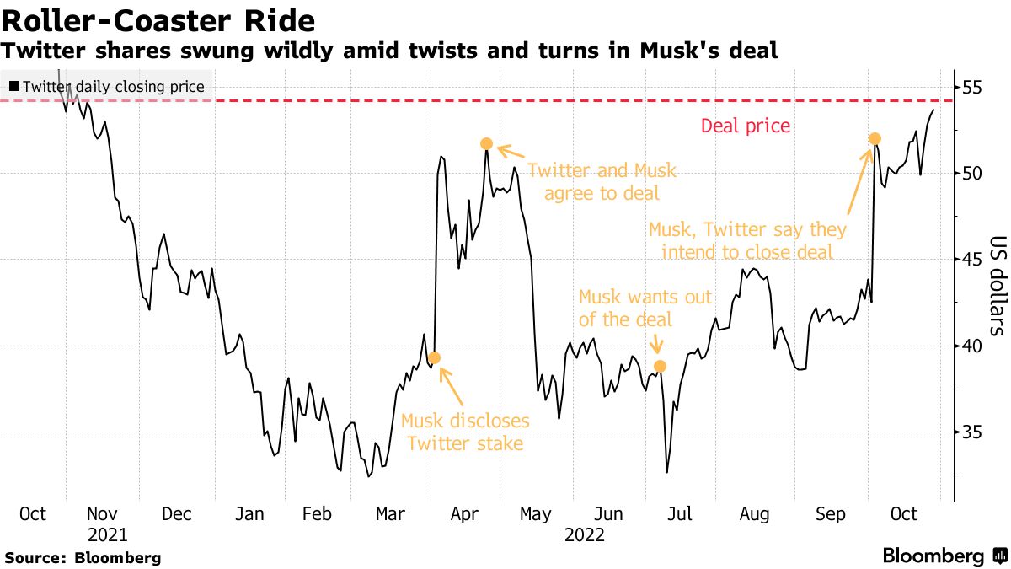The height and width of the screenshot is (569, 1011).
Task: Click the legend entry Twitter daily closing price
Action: (x=107, y=86)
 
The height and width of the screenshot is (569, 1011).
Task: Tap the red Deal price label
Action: (x=746, y=126)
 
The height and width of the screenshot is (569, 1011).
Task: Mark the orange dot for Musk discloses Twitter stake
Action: (x=434, y=358)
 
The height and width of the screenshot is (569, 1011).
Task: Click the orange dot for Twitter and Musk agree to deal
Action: (x=486, y=144)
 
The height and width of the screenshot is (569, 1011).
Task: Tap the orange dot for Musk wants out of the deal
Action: (x=661, y=366)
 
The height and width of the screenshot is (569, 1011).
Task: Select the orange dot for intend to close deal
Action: (x=875, y=138)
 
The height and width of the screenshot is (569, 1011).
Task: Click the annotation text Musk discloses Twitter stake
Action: (x=465, y=432)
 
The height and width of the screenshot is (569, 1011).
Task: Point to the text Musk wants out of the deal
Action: (x=645, y=309)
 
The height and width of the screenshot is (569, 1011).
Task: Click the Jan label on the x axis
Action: (x=249, y=514)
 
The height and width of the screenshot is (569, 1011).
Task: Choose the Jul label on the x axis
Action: (x=681, y=514)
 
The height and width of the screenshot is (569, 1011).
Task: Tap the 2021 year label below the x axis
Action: (x=107, y=534)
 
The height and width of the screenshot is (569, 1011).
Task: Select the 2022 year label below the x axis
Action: (x=584, y=534)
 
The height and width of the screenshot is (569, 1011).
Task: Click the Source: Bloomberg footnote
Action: (x=83, y=557)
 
